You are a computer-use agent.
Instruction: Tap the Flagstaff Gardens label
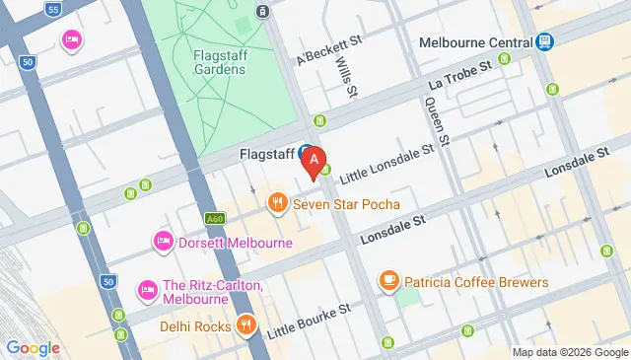tap(219, 61)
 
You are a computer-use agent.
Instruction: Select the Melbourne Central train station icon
tap(544, 42)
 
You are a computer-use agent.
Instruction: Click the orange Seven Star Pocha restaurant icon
tap(278, 204)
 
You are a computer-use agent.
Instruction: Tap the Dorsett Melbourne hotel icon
tap(163, 242)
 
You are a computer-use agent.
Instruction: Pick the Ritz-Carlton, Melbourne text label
tap(213, 291)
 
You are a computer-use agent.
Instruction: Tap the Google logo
tap(34, 347)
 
